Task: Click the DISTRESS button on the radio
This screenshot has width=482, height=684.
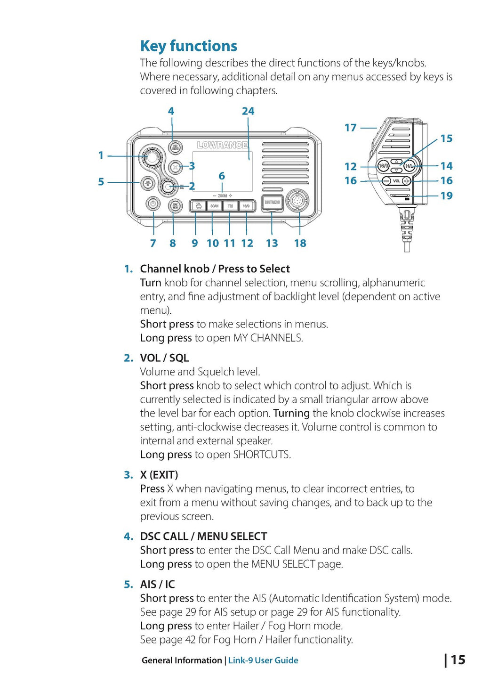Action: point(272,202)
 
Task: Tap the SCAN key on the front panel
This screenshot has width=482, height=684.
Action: point(214,206)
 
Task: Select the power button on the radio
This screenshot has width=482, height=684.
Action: point(152,204)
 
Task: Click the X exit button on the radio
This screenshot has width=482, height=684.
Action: point(175,167)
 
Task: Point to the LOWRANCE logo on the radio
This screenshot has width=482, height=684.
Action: point(222,145)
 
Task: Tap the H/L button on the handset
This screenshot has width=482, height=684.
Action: point(409,166)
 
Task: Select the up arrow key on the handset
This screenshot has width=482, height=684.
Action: point(396,161)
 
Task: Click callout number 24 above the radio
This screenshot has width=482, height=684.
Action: point(248,111)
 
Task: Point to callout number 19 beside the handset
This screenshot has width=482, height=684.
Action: point(446,195)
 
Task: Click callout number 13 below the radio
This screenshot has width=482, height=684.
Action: point(272,243)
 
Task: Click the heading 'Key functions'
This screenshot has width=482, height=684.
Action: point(189,46)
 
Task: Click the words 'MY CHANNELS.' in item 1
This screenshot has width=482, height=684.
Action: point(268,338)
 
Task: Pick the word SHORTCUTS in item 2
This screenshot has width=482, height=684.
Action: point(262,455)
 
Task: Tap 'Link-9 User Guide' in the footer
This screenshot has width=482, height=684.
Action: point(263,660)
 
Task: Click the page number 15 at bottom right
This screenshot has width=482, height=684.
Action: point(458,660)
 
